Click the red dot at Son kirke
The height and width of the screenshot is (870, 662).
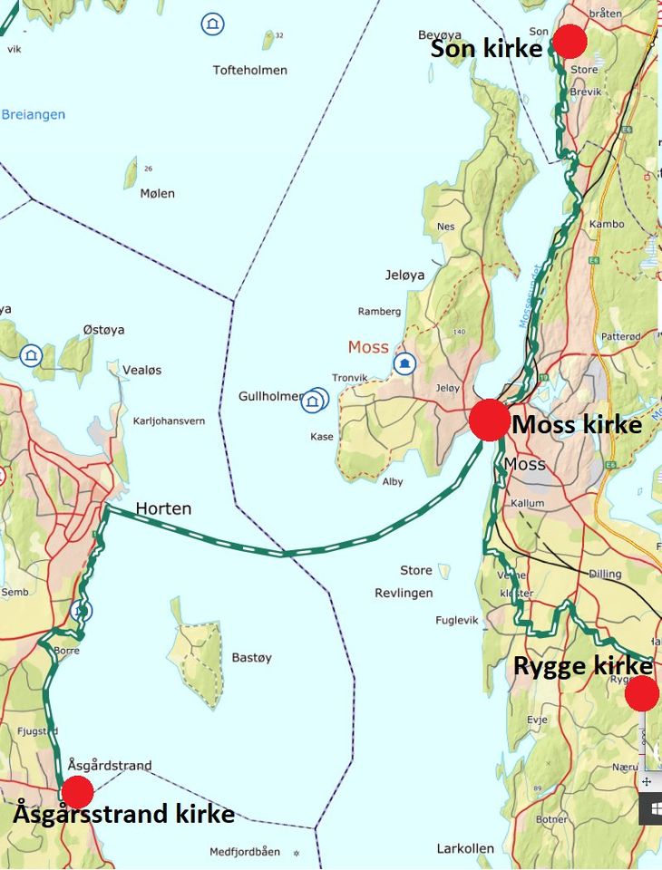(570, 42)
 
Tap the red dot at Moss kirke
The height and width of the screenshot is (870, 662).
(490, 420)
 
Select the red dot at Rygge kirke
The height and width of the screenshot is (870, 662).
(642, 693)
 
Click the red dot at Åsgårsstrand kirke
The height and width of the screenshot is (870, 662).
(77, 791)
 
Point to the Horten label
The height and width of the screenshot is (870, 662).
(163, 509)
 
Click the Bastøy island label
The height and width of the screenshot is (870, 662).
(251, 657)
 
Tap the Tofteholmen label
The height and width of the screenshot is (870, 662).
(249, 70)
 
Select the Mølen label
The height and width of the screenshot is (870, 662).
(158, 193)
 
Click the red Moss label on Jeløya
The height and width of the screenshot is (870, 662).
(368, 347)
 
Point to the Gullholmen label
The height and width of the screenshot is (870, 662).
(269, 397)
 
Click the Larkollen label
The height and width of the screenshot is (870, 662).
(465, 848)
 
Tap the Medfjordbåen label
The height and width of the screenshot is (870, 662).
(245, 851)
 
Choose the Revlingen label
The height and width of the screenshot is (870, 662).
(404, 593)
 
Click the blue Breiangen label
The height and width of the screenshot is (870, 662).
(34, 115)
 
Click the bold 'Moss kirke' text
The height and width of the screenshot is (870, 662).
(577, 424)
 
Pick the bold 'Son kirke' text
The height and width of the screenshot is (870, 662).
(486, 49)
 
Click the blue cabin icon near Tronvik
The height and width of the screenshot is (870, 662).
(404, 363)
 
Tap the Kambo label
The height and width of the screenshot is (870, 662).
(607, 224)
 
